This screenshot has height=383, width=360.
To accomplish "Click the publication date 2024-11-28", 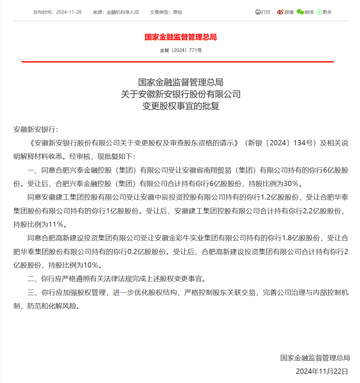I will tap(69, 12).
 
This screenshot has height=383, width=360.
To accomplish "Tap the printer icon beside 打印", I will tap(258, 12).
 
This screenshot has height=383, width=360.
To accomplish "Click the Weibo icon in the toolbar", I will tap(280, 12).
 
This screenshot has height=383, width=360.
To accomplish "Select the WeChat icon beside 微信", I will tap(300, 12).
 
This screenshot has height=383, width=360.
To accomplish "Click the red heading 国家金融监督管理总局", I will tap(181, 37).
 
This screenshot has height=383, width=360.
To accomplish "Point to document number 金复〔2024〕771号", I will tap(181, 50).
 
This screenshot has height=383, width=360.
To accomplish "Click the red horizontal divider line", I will tap(177, 61).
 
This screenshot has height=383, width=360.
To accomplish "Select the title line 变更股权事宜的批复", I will tap(181, 106).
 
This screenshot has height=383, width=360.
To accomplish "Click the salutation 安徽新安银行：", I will tap(36, 129).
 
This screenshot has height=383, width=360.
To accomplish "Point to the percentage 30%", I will tap(291, 184).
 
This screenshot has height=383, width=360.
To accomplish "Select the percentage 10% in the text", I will tap(91, 265).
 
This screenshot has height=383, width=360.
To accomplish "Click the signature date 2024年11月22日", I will tap(322, 371).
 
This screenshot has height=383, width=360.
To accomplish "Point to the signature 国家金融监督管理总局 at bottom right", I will tap(315, 358).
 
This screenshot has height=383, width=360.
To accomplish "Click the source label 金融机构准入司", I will tap(123, 12).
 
